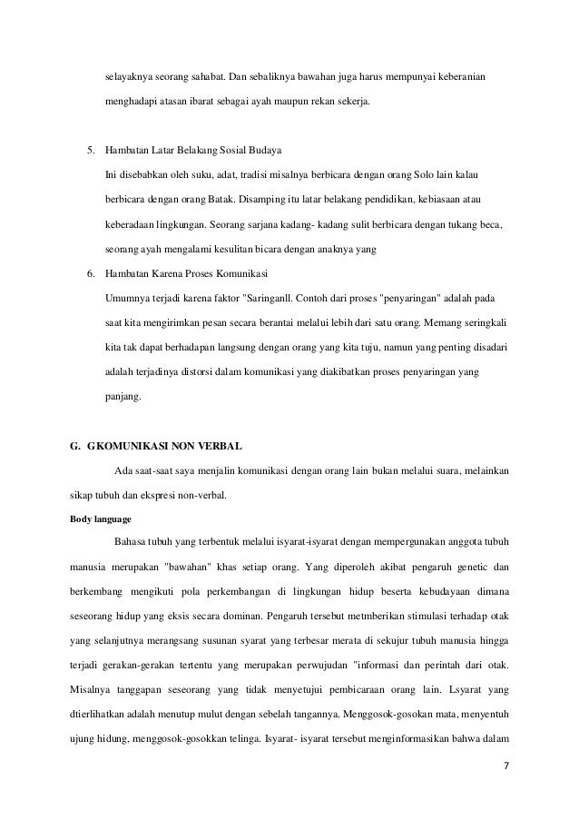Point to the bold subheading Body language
point(100,522)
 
